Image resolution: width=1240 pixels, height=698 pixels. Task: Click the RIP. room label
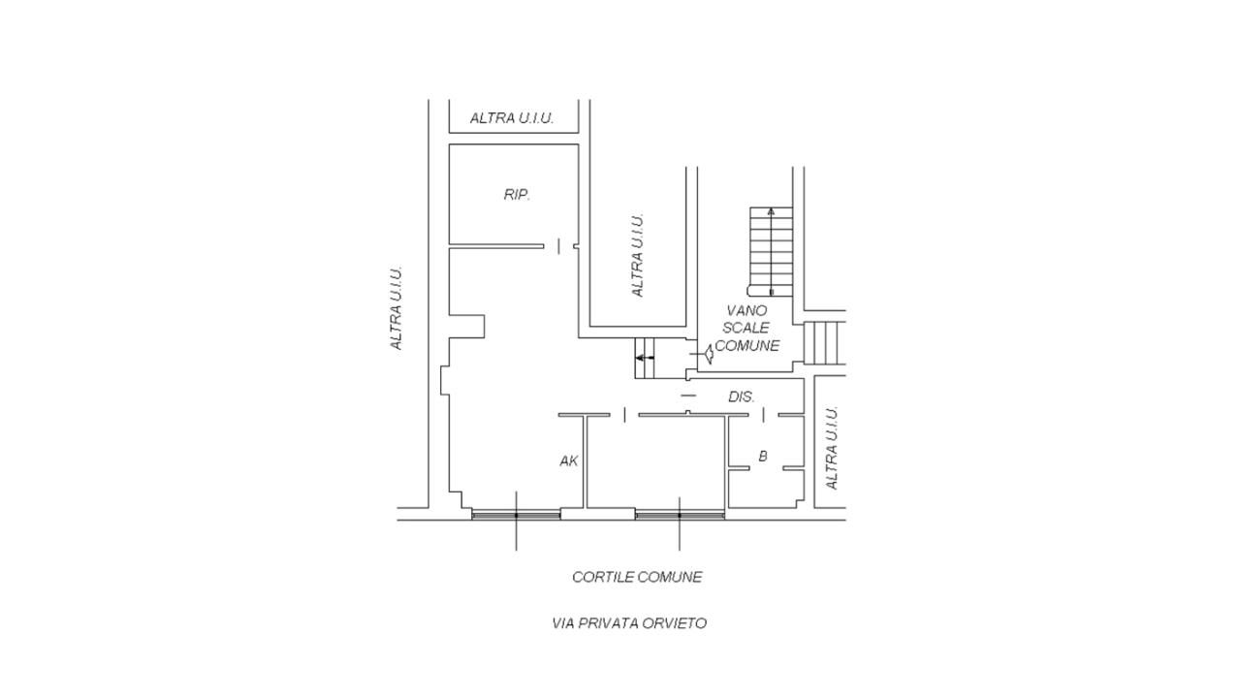[517, 195]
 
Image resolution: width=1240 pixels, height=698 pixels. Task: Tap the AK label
[569, 461]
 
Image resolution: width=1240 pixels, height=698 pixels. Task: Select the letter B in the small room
[763, 456]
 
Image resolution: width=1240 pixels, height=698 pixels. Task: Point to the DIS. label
[742, 397]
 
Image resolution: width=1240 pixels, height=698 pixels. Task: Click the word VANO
[747, 310]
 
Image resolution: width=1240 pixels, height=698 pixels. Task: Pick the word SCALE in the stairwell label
[747, 328]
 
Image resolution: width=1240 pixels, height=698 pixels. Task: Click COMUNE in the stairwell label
[747, 345]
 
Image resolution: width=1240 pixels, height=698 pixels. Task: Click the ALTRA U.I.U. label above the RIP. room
[512, 118]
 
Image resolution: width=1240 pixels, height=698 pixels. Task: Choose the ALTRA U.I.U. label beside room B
[832, 448]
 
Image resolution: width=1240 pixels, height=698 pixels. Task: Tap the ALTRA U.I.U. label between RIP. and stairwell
[638, 255]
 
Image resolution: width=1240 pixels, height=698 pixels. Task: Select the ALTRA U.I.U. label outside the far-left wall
[396, 308]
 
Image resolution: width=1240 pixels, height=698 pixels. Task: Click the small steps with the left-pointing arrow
[646, 358]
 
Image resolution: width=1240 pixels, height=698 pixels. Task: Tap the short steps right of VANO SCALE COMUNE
[825, 342]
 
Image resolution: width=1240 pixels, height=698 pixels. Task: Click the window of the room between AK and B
[680, 515]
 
